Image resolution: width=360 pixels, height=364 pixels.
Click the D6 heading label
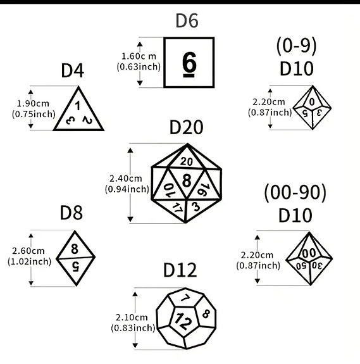tap(187, 21)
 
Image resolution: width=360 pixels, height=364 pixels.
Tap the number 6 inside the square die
tap(189, 64)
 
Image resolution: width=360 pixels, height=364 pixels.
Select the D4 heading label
tap(72, 70)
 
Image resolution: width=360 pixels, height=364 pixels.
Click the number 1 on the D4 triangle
tap(77, 106)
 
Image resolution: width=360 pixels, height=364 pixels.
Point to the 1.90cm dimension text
tap(33, 103)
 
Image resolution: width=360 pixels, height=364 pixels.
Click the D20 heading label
tap(186, 127)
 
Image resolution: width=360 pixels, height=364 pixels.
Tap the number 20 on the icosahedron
tap(187, 161)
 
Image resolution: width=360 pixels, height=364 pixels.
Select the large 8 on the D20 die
tap(187, 180)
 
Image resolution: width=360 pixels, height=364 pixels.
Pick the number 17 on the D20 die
tap(177, 208)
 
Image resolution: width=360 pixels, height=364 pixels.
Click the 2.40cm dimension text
tap(125, 179)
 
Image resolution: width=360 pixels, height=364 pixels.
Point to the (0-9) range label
tap(297, 46)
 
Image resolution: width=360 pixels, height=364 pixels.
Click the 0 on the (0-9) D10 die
tap(312, 102)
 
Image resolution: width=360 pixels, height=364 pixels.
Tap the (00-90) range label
tap(295, 192)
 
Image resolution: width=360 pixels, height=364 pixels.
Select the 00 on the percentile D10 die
tap(309, 253)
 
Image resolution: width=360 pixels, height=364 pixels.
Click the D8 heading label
tap(71, 213)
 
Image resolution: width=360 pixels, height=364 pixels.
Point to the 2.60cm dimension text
tap(28, 251)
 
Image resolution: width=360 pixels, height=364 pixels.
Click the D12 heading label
tap(180, 270)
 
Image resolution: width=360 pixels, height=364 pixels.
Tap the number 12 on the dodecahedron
tap(183, 321)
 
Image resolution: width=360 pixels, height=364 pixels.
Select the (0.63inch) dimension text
tap(139, 67)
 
